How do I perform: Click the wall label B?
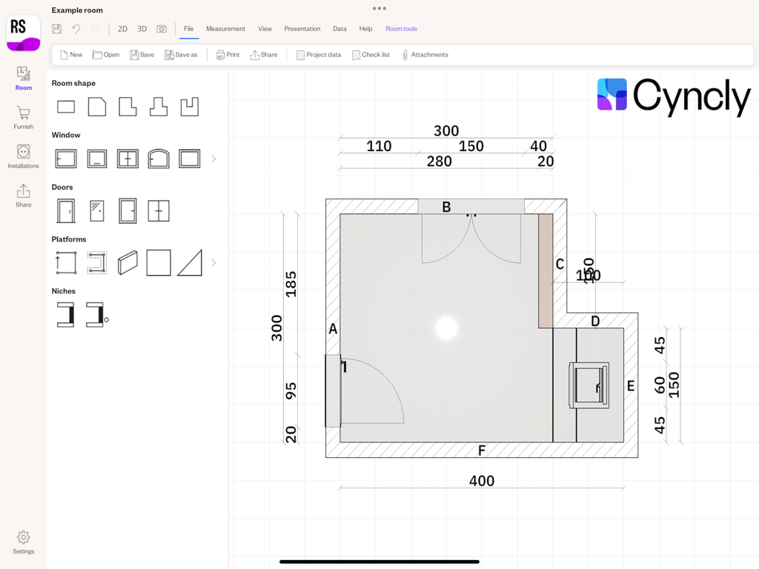click(x=446, y=207)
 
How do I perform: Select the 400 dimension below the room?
click(x=482, y=481)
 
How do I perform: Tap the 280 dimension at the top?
click(x=439, y=162)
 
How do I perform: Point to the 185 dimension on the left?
click(x=291, y=284)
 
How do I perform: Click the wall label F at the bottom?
click(x=482, y=450)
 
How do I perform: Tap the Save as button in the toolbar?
click(x=181, y=55)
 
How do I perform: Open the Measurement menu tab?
click(x=225, y=29)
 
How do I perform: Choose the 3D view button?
click(x=142, y=29)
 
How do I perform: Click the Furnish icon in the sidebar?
click(x=23, y=117)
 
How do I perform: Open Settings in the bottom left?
click(x=23, y=542)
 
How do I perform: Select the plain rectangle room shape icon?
click(x=66, y=107)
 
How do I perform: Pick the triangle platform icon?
click(x=190, y=263)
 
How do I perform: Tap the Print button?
click(x=228, y=55)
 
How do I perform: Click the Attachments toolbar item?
click(x=425, y=55)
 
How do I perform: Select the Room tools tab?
click(x=401, y=29)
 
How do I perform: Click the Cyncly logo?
click(x=673, y=96)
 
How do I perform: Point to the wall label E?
click(x=631, y=386)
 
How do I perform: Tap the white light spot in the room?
click(x=446, y=327)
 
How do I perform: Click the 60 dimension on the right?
click(x=660, y=385)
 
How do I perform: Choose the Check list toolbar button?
click(x=371, y=55)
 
